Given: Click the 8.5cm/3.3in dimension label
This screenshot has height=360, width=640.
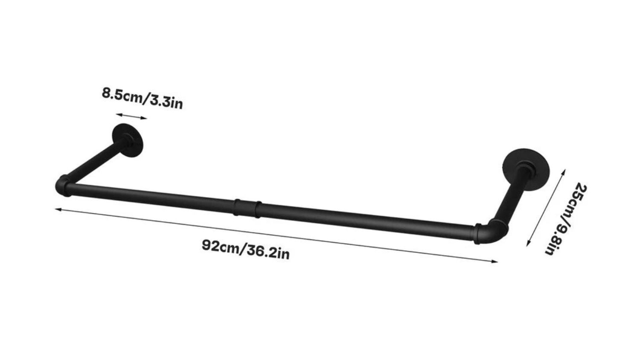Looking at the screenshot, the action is pyautogui.click(x=142, y=99).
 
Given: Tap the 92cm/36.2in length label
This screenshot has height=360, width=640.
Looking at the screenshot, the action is pyautogui.click(x=246, y=250).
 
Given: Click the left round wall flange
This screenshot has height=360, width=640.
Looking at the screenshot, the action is pyautogui.click(x=128, y=140).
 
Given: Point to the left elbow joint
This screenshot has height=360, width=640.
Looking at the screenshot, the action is pyautogui.click(x=63, y=186).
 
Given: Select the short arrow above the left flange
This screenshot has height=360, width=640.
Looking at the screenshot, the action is pyautogui.click(x=131, y=116).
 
